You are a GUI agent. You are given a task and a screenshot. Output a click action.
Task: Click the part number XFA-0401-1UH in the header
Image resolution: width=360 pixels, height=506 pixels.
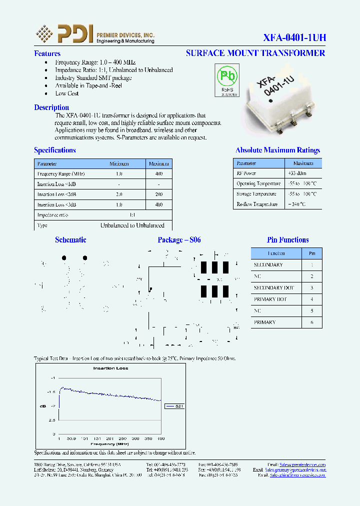294,37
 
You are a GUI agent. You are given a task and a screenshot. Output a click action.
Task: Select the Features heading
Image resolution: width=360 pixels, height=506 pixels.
47,53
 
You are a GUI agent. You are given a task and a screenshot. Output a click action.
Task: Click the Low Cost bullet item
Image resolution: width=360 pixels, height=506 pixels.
67,93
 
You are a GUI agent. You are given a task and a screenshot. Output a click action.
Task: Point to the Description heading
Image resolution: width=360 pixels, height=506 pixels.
51,107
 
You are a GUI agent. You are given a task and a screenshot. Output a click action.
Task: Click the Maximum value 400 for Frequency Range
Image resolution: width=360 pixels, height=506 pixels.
158,173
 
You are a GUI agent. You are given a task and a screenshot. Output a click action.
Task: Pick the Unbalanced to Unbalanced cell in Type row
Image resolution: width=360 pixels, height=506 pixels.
132,225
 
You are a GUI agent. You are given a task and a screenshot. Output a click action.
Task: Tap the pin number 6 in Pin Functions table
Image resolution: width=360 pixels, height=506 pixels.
312,322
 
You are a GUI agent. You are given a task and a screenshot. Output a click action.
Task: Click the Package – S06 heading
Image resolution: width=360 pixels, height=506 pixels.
179,240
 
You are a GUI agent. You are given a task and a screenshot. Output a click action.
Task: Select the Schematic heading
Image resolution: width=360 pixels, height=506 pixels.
70,240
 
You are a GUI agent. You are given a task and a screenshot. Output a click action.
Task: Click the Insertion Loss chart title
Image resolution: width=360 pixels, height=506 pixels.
110,368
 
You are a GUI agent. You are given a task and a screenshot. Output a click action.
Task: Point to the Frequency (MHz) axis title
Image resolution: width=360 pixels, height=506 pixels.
109,443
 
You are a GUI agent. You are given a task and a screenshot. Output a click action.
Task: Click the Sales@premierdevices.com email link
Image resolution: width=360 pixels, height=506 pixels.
302,464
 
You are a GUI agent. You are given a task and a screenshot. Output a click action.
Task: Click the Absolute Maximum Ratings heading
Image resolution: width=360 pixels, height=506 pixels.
277,150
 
